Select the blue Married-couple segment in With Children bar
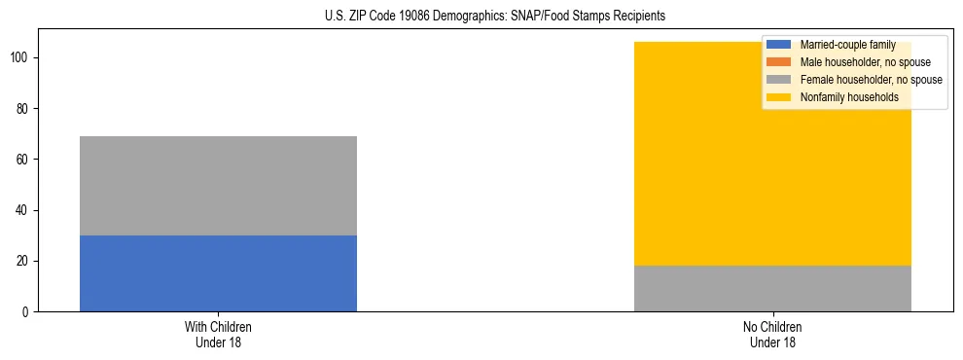(218, 273)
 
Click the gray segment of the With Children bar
(218, 186)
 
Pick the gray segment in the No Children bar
(772, 288)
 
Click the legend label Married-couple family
(847, 45)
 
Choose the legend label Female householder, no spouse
(871, 80)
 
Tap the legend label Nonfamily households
(849, 97)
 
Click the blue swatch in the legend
(779, 45)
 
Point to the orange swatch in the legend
(779, 62)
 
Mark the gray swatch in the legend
(779, 80)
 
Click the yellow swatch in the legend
(779, 97)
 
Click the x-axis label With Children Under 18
(218, 334)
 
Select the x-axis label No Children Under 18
(772, 334)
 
